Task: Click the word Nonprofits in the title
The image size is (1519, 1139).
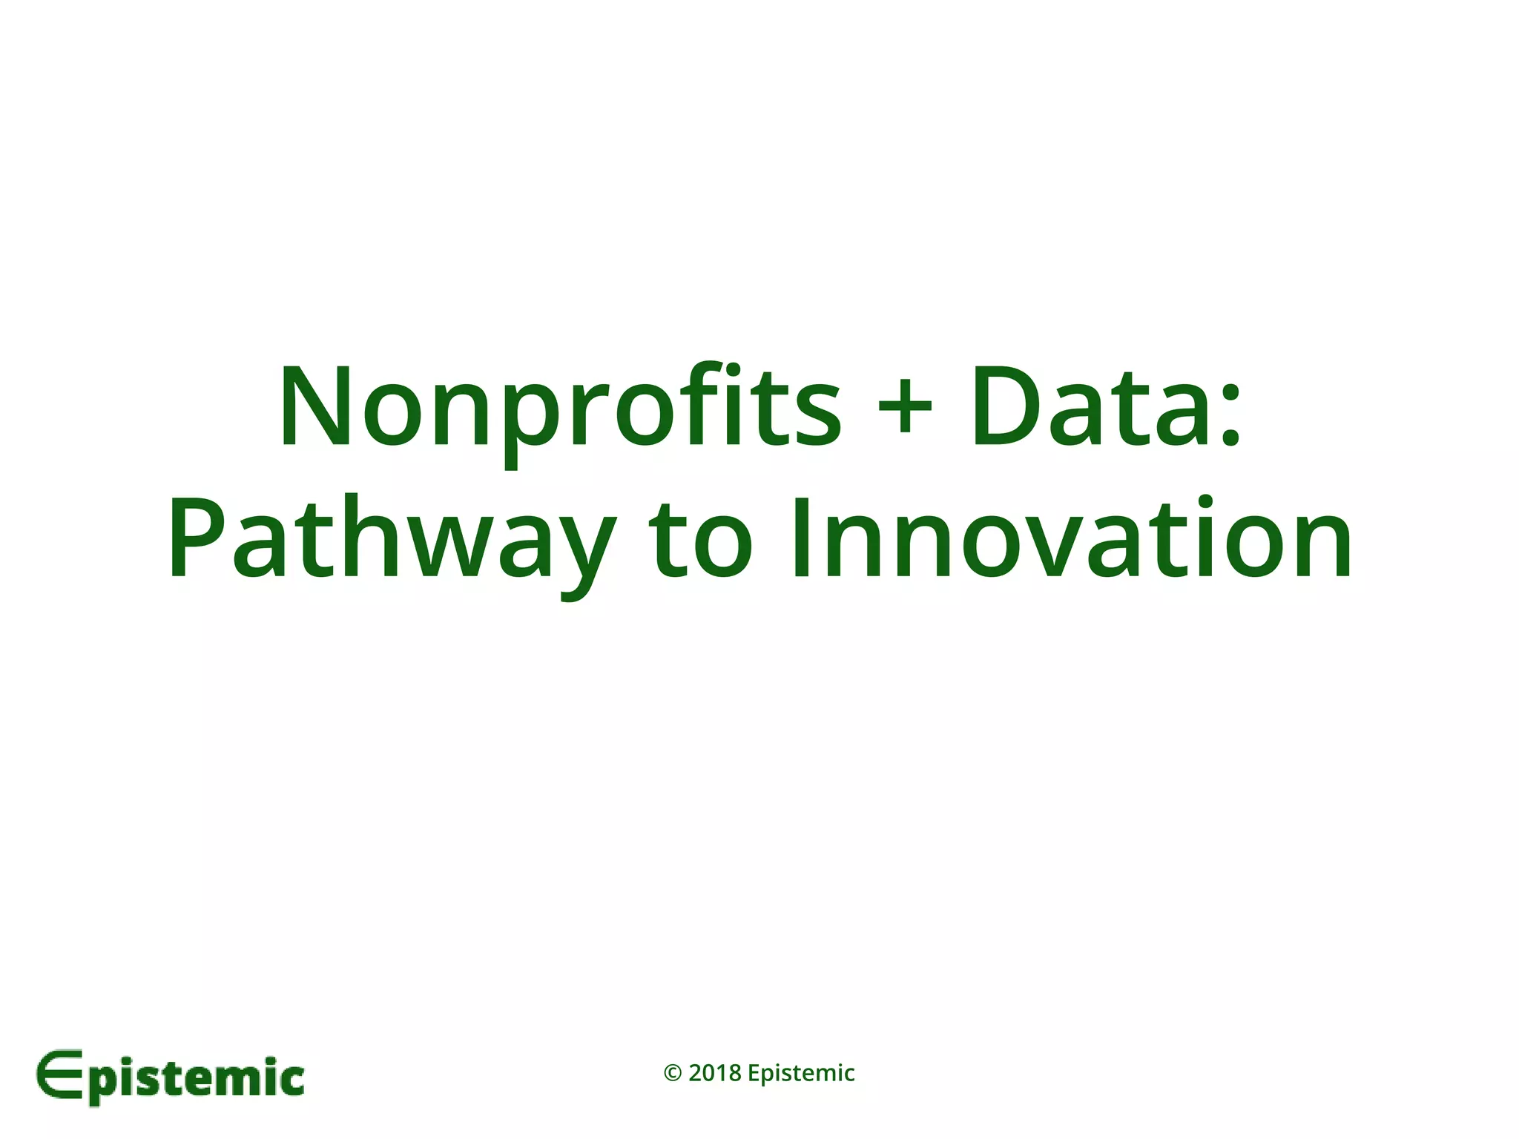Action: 560,408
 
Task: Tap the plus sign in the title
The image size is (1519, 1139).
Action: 904,408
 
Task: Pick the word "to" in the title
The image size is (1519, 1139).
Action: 699,539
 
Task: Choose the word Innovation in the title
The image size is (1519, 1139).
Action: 1071,539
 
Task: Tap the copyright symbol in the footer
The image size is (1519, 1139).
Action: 673,1073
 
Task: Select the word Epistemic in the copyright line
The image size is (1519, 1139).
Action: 801,1074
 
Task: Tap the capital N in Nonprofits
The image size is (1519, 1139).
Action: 314,408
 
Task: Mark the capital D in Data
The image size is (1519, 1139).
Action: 1009,408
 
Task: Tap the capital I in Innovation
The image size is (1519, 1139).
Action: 801,539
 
